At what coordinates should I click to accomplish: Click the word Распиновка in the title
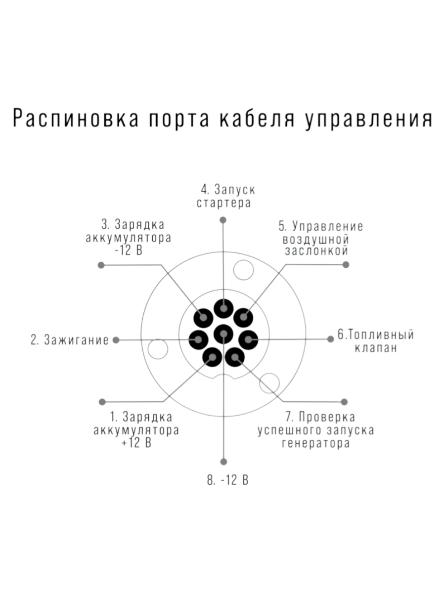pyautogui.click(x=76, y=118)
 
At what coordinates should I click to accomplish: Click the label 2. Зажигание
pyautogui.click(x=69, y=340)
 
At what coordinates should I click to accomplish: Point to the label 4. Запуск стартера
pyautogui.click(x=225, y=196)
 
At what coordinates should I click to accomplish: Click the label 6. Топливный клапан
pyautogui.click(x=376, y=341)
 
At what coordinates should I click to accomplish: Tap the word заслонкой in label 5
pyautogui.click(x=316, y=251)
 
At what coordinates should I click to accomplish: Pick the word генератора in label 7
pyautogui.click(x=315, y=443)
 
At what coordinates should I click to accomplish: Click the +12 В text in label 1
pyautogui.click(x=136, y=443)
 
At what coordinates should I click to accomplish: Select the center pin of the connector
pyautogui.click(x=223, y=334)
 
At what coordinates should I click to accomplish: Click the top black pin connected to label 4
pyautogui.click(x=223, y=308)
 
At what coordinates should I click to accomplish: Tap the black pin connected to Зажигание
pyautogui.click(x=198, y=340)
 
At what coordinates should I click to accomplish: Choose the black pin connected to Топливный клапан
pyautogui.click(x=248, y=340)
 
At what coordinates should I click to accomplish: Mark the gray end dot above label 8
pyautogui.click(x=223, y=462)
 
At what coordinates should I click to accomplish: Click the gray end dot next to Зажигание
pyautogui.click(x=116, y=340)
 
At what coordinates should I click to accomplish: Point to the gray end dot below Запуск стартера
pyautogui.click(x=223, y=220)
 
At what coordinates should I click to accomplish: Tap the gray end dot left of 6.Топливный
pyautogui.click(x=330, y=339)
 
